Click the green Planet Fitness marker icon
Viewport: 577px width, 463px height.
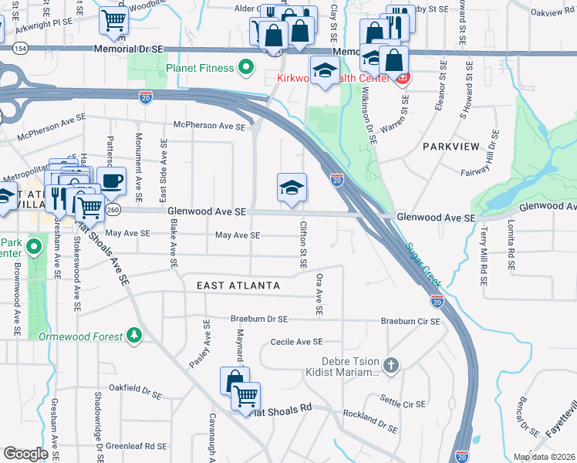(x=246, y=68)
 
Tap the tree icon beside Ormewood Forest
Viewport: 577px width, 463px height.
(x=135, y=336)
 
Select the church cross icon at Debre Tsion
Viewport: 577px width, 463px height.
(x=391, y=365)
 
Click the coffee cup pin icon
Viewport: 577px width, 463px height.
(x=112, y=181)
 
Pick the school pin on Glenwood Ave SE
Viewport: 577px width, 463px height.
(x=292, y=188)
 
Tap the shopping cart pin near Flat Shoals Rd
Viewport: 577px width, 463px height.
(x=245, y=397)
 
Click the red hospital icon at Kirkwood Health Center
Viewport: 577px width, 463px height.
(x=402, y=78)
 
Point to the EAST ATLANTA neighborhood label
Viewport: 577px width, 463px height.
(x=238, y=286)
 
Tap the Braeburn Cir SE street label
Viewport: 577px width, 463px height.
(x=410, y=320)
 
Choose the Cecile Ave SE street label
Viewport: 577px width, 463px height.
(x=295, y=341)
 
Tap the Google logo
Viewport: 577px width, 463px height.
(x=25, y=454)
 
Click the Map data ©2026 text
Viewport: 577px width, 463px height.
(x=543, y=457)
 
